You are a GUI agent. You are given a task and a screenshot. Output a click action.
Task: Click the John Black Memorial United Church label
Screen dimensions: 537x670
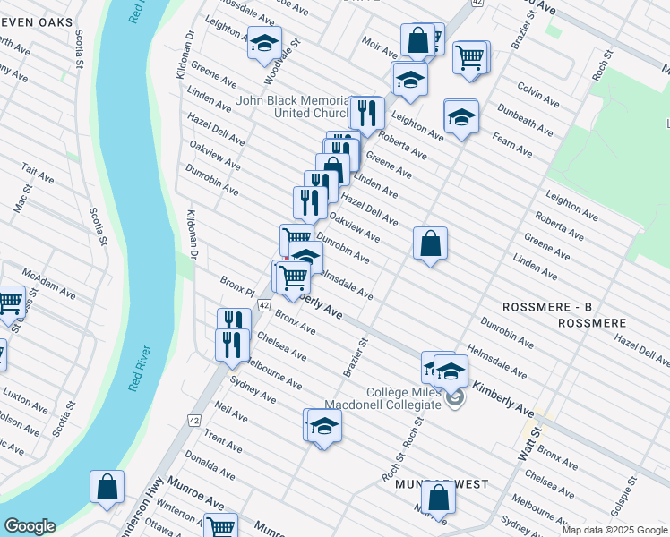291,107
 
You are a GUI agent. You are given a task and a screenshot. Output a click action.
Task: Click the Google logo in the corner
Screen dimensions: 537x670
30,525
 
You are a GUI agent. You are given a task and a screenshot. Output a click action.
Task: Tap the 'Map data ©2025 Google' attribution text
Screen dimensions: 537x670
614,529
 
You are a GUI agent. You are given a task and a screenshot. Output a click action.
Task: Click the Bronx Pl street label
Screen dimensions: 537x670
238,287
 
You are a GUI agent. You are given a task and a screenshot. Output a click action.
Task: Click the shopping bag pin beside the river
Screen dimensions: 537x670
107,487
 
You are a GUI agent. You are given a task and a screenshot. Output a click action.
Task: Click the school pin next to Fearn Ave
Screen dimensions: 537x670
461,116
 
